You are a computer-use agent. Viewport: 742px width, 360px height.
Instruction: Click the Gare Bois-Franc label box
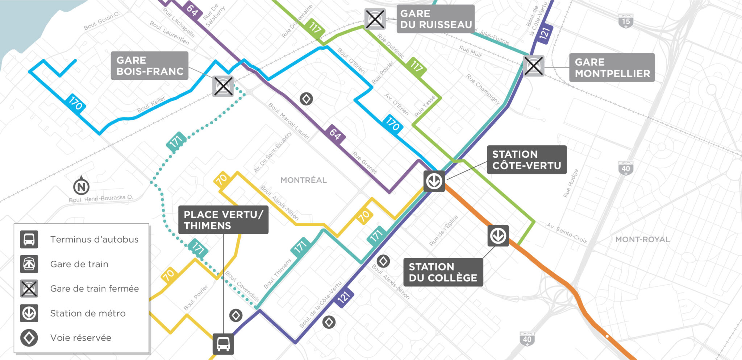tap(149, 66)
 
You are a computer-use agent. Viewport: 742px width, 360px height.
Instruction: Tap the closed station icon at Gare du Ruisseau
tap(374, 19)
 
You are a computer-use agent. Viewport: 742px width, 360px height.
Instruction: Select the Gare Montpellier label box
tap(612, 68)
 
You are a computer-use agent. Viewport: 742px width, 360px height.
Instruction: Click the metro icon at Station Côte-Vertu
tap(434, 181)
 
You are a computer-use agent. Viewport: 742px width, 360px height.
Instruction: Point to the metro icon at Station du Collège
tap(498, 236)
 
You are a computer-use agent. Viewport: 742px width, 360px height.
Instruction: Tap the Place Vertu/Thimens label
tap(223, 220)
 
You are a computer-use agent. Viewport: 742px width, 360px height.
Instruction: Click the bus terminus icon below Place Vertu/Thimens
tap(223, 344)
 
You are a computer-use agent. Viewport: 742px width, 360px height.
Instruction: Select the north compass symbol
tap(81, 186)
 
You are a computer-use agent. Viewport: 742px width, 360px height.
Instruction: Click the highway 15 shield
tap(626, 21)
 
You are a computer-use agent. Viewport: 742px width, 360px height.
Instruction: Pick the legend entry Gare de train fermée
tap(94, 289)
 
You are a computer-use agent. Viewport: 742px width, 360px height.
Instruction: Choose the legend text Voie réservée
tap(80, 338)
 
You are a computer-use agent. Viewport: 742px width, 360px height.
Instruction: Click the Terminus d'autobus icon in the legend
tap(29, 239)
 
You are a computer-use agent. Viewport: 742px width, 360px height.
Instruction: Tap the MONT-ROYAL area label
tap(642, 240)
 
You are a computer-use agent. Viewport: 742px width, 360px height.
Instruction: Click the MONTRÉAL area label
tap(304, 180)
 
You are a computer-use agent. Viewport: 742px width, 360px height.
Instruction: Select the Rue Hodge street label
tap(570, 183)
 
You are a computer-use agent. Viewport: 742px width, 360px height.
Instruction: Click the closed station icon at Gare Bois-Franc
tap(223, 86)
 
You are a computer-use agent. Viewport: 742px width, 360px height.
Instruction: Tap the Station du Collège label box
tap(443, 272)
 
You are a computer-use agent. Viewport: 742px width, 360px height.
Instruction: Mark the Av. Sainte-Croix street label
tap(567, 233)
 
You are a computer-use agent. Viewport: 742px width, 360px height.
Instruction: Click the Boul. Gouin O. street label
tap(101, 21)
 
